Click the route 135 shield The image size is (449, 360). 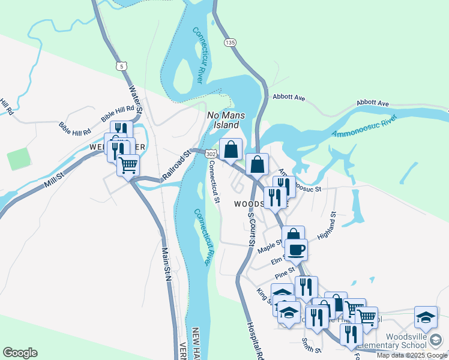coord(231,43)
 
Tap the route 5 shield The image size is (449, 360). coord(122,66)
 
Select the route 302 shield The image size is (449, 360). coord(210,154)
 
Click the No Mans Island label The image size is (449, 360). coord(223,119)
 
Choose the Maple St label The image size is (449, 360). coord(269,246)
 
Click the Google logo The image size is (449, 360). coord(20,353)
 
